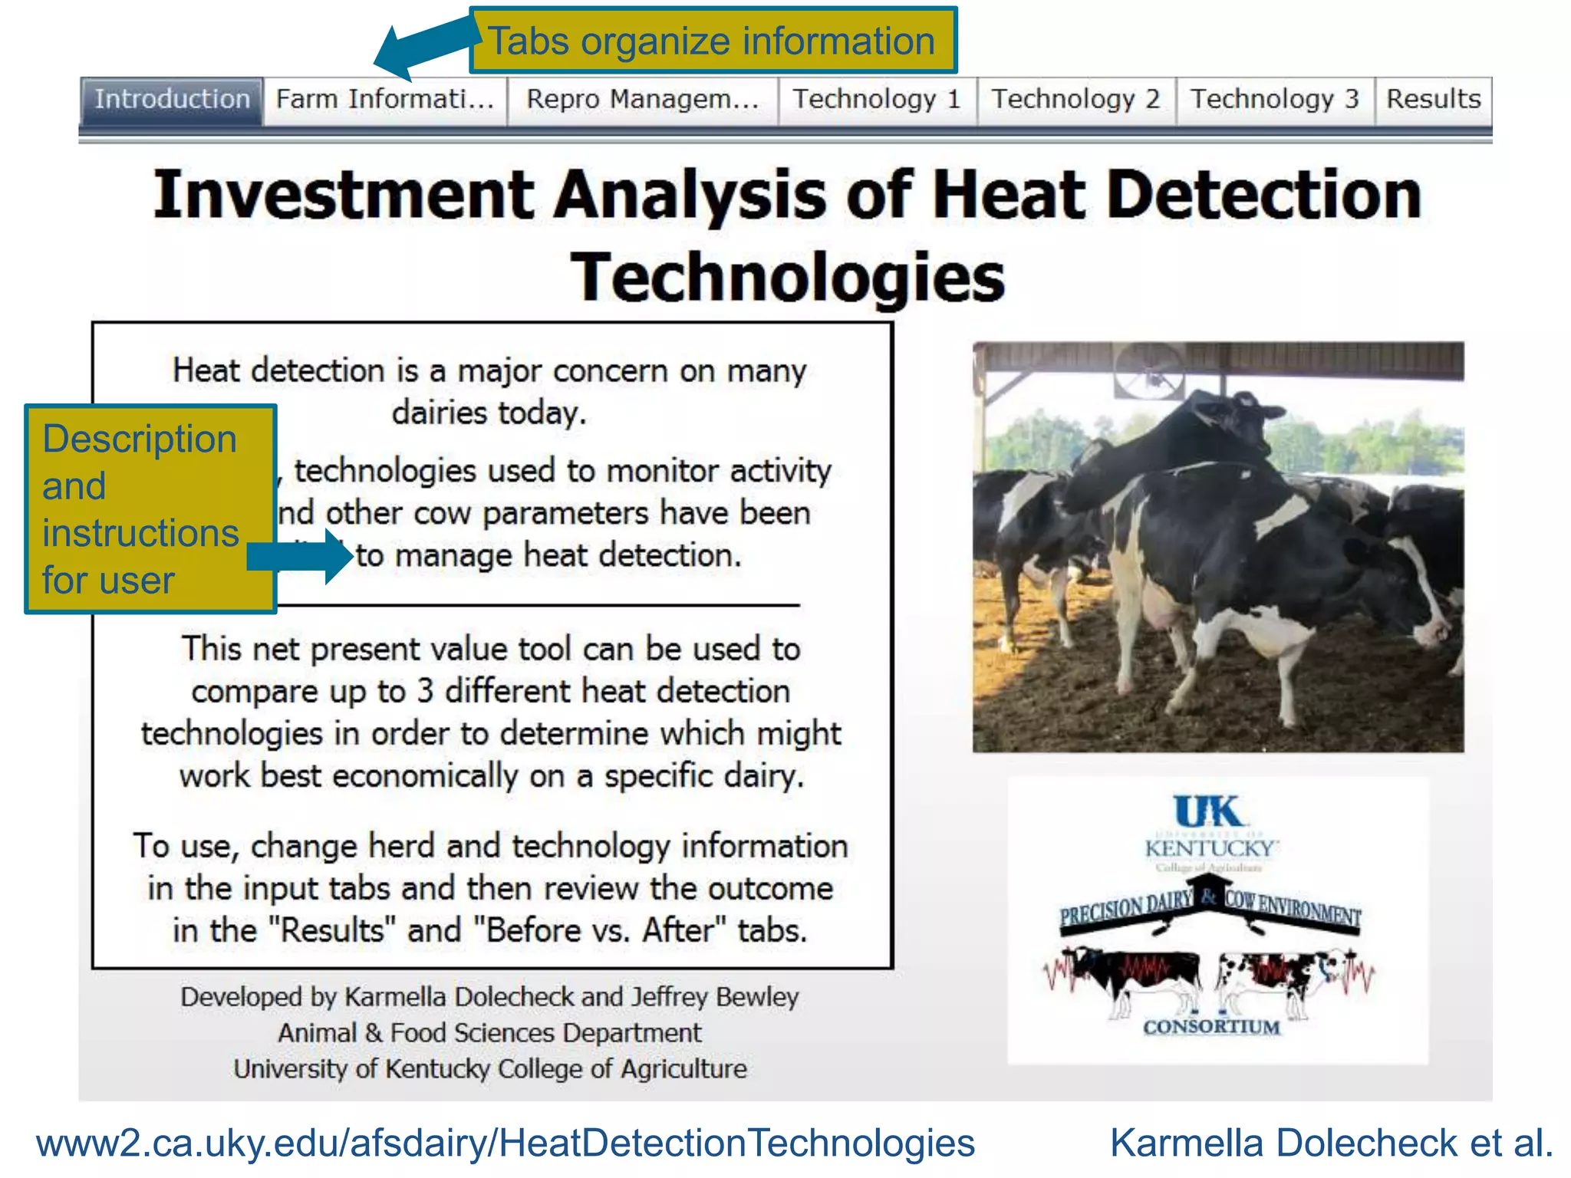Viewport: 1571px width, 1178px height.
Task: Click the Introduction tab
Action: [172, 100]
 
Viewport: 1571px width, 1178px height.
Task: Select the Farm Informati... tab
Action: [385, 100]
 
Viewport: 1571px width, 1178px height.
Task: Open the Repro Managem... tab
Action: [643, 100]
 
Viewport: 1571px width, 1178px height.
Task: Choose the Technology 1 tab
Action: [877, 100]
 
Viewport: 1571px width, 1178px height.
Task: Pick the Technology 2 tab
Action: [1075, 100]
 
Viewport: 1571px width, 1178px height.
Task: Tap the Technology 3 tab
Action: [1274, 100]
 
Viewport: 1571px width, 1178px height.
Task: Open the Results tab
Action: [1433, 100]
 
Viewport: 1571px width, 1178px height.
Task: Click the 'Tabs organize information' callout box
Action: [713, 41]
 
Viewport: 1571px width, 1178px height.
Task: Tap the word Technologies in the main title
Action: [788, 277]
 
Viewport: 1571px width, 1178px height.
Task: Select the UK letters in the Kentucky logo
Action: [1209, 811]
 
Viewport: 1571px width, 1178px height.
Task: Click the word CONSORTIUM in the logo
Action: [1211, 1027]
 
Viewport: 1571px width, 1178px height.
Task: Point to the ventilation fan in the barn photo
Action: [1148, 371]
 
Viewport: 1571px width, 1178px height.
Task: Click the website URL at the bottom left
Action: [506, 1143]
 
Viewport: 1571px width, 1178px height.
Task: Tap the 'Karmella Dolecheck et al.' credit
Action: [1331, 1143]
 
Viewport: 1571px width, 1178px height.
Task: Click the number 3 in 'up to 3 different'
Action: [425, 691]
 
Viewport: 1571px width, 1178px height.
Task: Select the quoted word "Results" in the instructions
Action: [332, 930]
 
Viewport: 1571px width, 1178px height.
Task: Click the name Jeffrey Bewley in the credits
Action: [715, 997]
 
